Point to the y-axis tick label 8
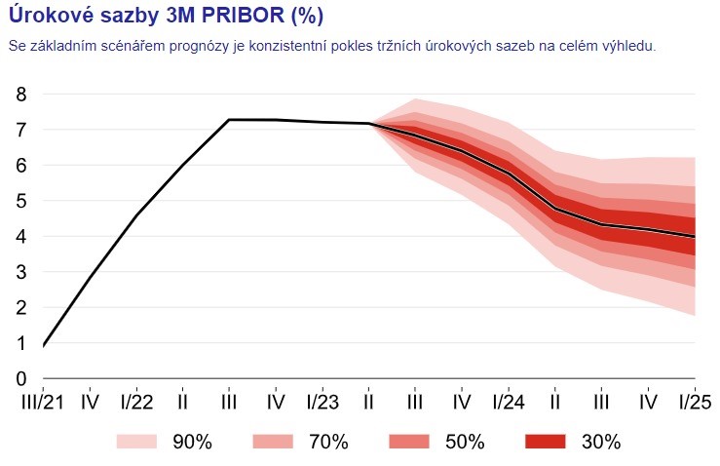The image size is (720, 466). pos(21,94)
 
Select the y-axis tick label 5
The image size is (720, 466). pos(21,201)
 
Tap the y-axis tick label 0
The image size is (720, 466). pos(21,379)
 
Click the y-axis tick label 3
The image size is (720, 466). pos(21,272)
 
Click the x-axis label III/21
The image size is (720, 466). pos(43,401)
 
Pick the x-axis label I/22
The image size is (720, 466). pos(135,401)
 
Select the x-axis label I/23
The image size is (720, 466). pos(322,401)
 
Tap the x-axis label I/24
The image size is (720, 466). pos(509,401)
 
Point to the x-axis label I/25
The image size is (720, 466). pos(694,401)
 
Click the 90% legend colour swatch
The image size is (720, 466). pos(137,442)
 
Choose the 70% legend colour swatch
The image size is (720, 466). pos(274,442)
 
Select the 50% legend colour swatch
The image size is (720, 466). pos(410,442)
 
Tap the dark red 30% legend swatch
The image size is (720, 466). pos(547,442)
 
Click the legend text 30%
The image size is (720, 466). pos(600,442)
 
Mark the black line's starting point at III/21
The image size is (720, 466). pos(45,345)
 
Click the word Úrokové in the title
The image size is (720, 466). pos(48,16)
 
